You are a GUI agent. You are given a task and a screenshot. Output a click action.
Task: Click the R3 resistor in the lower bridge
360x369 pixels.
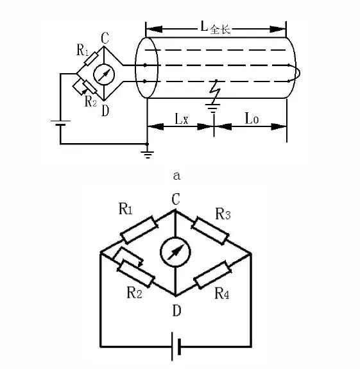coord(210,230)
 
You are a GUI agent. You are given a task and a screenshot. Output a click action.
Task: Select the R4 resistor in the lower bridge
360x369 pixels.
coord(212,275)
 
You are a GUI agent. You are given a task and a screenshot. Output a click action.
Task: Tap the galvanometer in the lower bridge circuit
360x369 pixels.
coord(175,252)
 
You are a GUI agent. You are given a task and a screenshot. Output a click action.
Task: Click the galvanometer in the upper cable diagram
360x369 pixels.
coord(104,74)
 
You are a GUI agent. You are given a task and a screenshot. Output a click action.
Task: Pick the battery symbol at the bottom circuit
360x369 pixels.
coord(176,346)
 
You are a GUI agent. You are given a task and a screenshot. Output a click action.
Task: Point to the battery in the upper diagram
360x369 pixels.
coord(60,123)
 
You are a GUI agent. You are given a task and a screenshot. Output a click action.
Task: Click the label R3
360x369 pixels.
coord(223,214)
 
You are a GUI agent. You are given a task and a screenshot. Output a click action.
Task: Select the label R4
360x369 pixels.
coord(221,293)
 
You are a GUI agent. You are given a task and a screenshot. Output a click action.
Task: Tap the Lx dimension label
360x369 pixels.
coord(182,119)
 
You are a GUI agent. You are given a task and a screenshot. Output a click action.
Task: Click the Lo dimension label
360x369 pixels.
coord(252,118)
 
